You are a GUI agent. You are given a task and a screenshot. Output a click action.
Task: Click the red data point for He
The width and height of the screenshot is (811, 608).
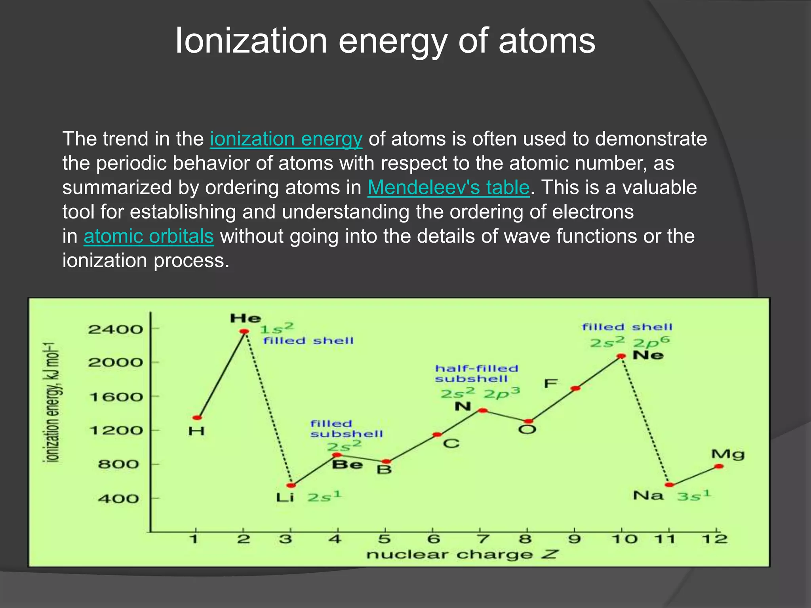(244, 331)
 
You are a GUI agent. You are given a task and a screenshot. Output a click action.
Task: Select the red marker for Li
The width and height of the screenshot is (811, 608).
(291, 485)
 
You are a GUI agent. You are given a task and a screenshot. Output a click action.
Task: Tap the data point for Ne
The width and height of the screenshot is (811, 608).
(621, 356)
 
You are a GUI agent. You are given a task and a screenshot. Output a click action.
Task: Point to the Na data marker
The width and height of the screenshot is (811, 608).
(669, 485)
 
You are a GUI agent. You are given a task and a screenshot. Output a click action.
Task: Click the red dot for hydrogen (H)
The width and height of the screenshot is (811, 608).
(197, 418)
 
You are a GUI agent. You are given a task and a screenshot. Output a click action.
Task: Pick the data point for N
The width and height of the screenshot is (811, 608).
(483, 410)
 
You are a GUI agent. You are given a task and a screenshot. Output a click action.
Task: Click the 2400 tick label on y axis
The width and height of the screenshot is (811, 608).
(115, 329)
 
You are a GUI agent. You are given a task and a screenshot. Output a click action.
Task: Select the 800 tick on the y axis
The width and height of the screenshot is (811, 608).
(118, 464)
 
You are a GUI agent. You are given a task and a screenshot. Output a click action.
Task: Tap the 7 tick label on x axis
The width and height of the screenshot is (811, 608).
(482, 539)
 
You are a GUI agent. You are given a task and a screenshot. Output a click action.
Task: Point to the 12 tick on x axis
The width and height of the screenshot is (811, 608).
(715, 539)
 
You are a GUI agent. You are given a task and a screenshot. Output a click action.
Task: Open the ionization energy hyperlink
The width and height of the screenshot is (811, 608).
(286, 139)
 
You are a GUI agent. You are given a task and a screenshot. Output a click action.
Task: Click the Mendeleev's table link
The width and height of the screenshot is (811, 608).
(448, 188)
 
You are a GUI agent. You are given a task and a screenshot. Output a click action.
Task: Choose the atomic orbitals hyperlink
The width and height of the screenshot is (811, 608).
(148, 236)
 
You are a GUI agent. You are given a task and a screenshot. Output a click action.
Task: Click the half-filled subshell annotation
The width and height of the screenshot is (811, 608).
(476, 374)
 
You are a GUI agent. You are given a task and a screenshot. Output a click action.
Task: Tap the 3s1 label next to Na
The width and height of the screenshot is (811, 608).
(694, 496)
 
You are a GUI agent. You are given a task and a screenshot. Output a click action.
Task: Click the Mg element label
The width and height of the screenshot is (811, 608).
(728, 454)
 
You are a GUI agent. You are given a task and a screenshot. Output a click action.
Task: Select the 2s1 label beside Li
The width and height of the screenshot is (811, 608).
(324, 496)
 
